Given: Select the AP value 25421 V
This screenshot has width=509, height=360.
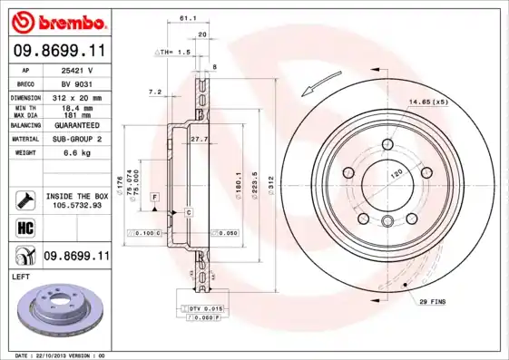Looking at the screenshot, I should pyautogui.click(x=78, y=69).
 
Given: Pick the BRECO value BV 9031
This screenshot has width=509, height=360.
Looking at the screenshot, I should pyautogui.click(x=78, y=83).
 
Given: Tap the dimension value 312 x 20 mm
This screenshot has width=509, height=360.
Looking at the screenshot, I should pyautogui.click(x=78, y=96).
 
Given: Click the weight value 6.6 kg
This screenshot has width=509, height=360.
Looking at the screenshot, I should pyautogui.click(x=78, y=153).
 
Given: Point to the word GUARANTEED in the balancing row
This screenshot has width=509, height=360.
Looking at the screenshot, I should pyautogui.click(x=78, y=124).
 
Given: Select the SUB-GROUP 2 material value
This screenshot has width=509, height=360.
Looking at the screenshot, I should pyautogui.click(x=78, y=139).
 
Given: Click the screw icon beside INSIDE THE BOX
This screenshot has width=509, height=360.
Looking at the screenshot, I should pyautogui.click(x=24, y=198).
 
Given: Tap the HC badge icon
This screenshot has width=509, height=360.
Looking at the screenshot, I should pyautogui.click(x=24, y=226).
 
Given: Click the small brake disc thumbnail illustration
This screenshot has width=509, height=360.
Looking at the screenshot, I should pyautogui.click(x=60, y=311).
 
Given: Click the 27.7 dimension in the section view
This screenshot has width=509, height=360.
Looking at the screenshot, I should pyautogui.click(x=200, y=138).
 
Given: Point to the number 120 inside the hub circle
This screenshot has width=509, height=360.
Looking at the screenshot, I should pyautogui.click(x=396, y=171).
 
